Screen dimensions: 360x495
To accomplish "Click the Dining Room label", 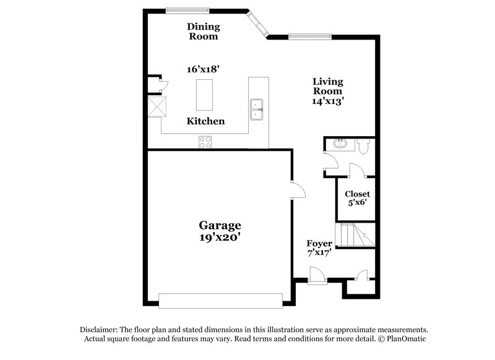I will [203, 31].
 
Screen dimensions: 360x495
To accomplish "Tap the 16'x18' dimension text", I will [203, 69].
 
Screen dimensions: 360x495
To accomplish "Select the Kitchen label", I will [205, 121].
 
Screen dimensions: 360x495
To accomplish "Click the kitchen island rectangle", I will [204, 95].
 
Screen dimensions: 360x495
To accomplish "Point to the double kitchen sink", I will [257, 109].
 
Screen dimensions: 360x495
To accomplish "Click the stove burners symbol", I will [205, 142].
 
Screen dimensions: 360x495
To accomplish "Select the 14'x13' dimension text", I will [327, 101].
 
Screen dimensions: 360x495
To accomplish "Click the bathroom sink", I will [338, 145].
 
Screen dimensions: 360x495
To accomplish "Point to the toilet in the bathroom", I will [364, 146].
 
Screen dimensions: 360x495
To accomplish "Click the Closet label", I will [357, 194].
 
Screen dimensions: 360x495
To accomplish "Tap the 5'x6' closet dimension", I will [357, 203].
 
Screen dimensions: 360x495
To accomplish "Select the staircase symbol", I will [356, 235].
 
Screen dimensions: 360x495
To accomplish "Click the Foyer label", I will [320, 244].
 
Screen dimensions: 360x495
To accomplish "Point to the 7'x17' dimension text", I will [320, 253].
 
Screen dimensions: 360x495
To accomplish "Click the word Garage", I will [220, 225].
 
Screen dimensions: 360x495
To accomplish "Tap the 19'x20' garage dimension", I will [220, 237].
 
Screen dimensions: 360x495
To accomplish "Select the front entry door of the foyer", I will [317, 275].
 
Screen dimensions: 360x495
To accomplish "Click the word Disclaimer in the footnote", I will [100, 330].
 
